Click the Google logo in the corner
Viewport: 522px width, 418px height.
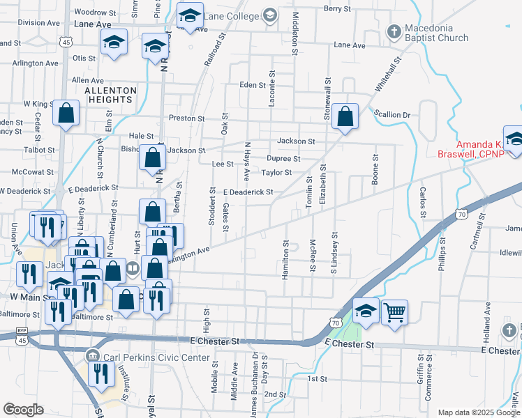pos(23,410)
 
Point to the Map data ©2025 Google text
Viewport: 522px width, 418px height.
pos(479,412)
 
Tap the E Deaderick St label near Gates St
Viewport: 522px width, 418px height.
pos(247,192)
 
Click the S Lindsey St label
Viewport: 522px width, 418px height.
pos(334,252)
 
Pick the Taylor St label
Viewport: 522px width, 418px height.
pos(276,173)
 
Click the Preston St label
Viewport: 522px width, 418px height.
pos(186,118)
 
